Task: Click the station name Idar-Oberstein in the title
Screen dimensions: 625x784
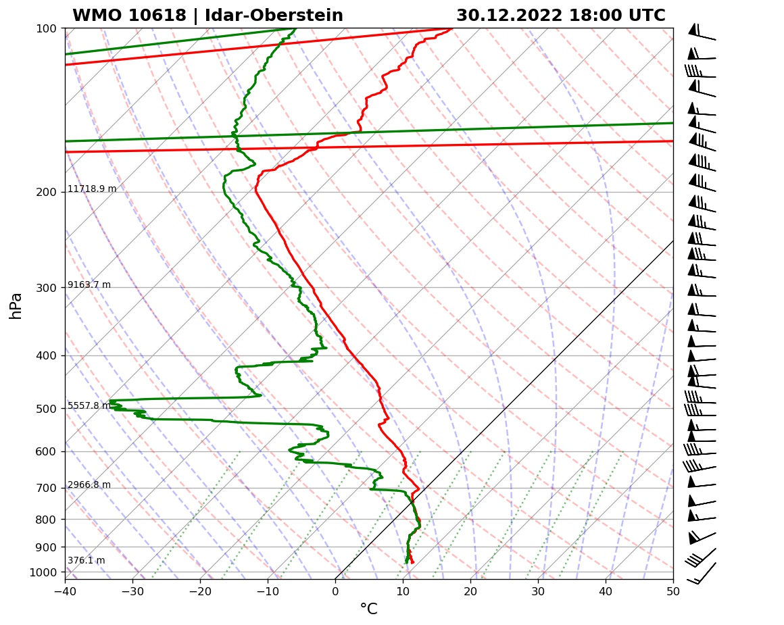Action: [270, 16]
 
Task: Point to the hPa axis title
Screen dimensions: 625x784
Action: [16, 305]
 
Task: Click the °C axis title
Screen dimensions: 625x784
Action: [368, 609]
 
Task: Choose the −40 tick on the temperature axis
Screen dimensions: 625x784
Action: [65, 590]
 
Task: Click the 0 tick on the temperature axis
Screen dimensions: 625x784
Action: [335, 590]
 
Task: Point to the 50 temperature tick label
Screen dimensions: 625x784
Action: [673, 590]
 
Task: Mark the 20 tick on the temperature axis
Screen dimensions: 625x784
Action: [470, 590]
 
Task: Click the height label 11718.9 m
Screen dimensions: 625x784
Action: [92, 189]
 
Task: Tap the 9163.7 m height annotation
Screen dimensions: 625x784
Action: [89, 285]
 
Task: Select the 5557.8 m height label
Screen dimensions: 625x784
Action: [89, 406]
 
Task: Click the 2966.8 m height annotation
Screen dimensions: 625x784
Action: [89, 485]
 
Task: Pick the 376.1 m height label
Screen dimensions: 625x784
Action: [87, 561]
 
